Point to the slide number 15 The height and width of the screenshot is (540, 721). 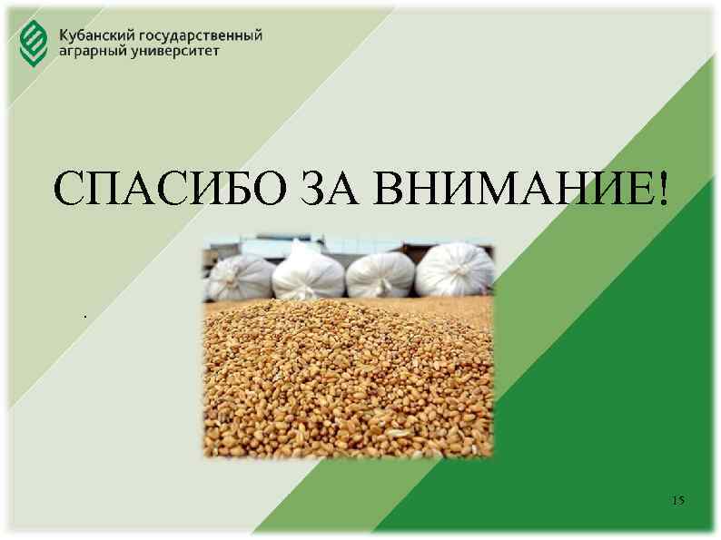pyautogui.click(x=677, y=501)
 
